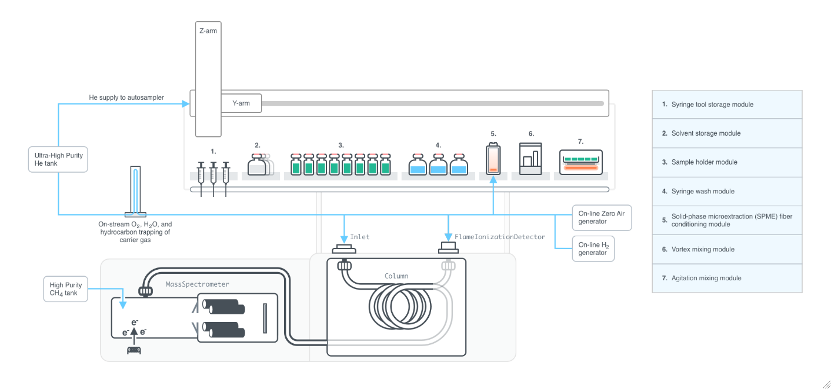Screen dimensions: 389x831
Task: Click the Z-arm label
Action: click(x=208, y=31)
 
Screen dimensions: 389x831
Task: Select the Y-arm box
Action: click(x=241, y=103)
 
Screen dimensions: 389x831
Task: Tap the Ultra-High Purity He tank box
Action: click(x=58, y=159)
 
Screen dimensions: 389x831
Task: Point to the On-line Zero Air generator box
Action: click(x=602, y=217)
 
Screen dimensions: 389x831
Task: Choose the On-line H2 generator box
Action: click(x=593, y=249)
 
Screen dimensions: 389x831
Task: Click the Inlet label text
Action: click(x=360, y=237)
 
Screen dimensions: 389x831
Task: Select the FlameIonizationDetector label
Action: click(x=499, y=237)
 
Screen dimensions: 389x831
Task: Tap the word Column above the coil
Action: click(x=396, y=276)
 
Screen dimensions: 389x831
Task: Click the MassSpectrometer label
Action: click(x=198, y=284)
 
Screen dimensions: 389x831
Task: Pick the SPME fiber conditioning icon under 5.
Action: click(x=493, y=159)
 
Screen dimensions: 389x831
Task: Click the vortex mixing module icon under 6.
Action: click(x=530, y=157)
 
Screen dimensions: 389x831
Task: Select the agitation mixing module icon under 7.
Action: click(x=580, y=161)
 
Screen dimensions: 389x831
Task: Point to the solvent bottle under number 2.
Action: click(x=258, y=165)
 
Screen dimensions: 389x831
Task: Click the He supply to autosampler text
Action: click(x=122, y=98)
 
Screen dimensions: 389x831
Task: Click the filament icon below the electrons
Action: click(x=134, y=350)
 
